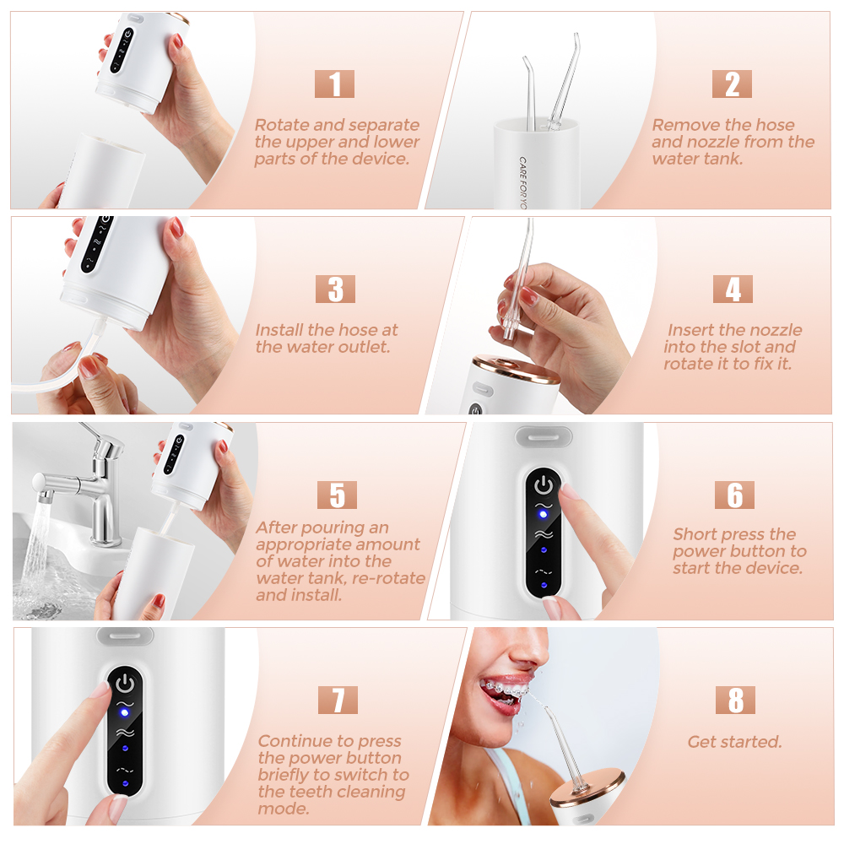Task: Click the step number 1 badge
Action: [x=334, y=84]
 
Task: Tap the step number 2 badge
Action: [x=732, y=84]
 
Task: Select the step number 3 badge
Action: [x=335, y=289]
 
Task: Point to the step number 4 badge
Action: [x=733, y=289]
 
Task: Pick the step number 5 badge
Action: [x=337, y=495]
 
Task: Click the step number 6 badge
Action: [x=734, y=495]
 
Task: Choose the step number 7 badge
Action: [x=338, y=700]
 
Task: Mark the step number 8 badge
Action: [x=735, y=700]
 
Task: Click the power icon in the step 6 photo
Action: [x=543, y=485]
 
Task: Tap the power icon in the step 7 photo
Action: [x=125, y=684]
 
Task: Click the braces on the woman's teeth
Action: [x=504, y=689]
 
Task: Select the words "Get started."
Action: [x=734, y=742]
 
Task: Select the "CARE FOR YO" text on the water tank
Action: [x=522, y=183]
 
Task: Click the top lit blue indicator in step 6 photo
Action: [x=543, y=515]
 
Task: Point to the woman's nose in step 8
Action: [x=530, y=652]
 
